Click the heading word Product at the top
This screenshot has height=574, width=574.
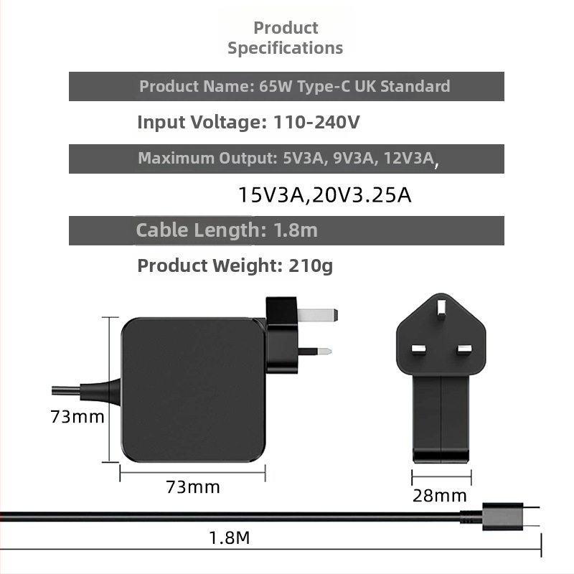286,28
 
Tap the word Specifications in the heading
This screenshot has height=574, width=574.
286,48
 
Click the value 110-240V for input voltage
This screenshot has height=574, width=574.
316,122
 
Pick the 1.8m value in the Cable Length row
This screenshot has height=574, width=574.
296,230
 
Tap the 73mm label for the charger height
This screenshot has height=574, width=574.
77,416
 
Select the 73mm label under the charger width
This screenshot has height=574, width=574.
193,486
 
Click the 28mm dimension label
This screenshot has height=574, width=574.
440,495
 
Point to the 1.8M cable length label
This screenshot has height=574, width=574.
229,537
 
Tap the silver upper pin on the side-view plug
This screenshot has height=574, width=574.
319,314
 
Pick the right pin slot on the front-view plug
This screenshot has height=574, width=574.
464,349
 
